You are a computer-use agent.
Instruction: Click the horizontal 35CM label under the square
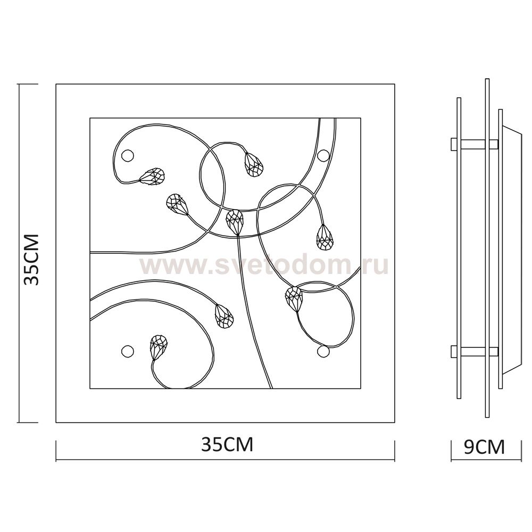coord(227,444)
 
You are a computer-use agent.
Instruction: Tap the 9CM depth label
coord(484,447)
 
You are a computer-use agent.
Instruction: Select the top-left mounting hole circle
coord(128,155)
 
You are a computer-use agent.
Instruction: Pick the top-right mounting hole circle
coord(323,155)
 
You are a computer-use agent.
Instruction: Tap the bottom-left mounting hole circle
coord(128,351)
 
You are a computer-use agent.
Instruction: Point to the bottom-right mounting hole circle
coord(323,351)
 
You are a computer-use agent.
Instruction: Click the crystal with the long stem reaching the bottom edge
coord(235,222)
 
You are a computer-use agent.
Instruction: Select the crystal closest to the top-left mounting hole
coord(152,177)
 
